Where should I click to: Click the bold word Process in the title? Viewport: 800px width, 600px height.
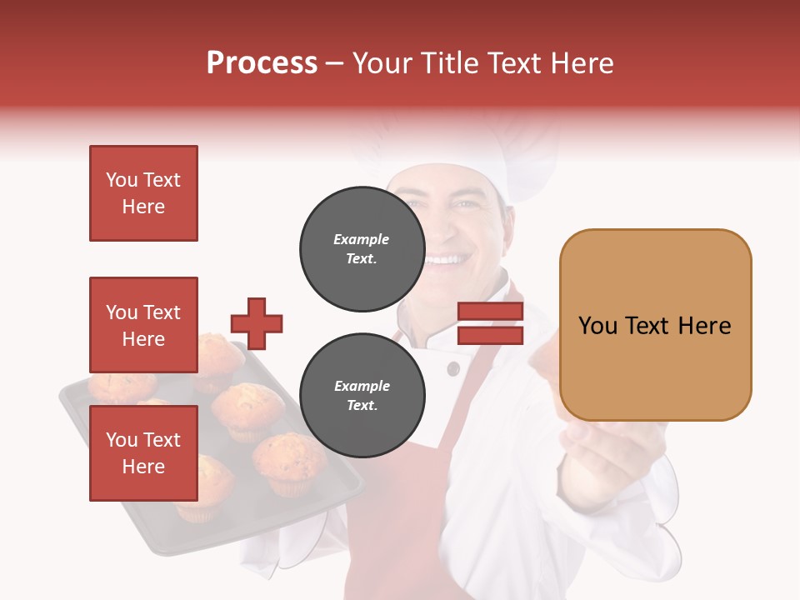click(262, 63)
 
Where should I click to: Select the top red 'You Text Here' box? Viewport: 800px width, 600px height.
click(143, 193)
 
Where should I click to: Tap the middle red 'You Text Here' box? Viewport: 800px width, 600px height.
click(143, 325)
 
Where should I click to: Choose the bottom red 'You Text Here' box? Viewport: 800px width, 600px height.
click(143, 453)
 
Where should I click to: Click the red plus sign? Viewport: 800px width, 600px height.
click(257, 323)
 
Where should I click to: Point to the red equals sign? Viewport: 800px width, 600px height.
click(490, 323)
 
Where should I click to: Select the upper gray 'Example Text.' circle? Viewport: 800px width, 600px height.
click(362, 249)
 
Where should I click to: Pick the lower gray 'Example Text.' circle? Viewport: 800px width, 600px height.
click(362, 396)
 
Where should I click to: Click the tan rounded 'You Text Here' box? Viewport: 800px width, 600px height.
click(655, 325)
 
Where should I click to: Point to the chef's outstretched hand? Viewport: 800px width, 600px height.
click(608, 454)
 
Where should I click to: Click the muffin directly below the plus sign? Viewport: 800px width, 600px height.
click(247, 406)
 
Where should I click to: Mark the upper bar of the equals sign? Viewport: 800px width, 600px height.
click(490, 312)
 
